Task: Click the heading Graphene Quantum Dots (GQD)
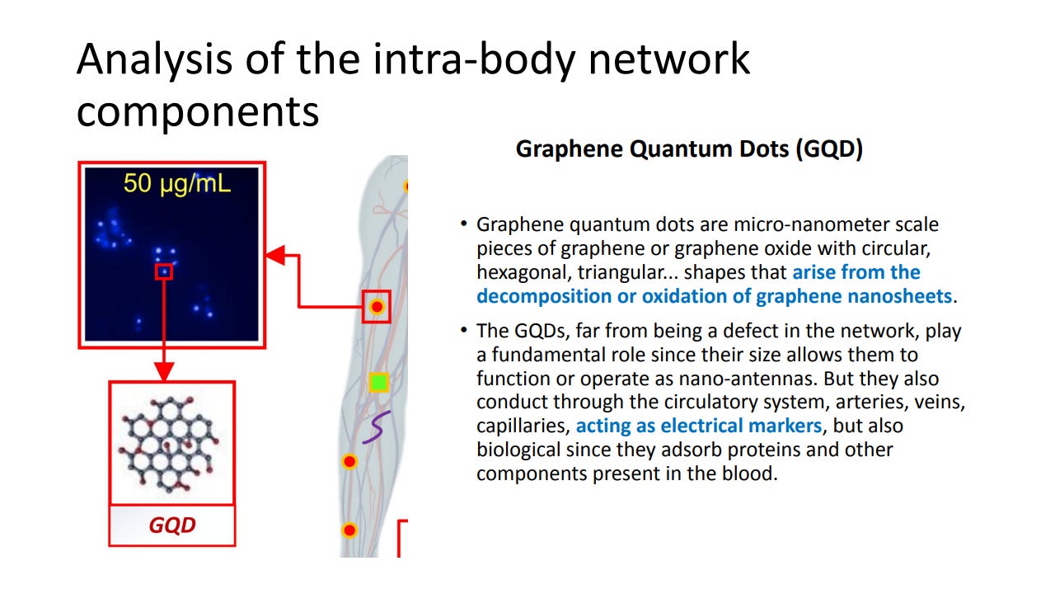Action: click(x=688, y=149)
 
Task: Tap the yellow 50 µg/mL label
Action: click(x=177, y=183)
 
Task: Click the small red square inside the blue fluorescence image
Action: click(x=164, y=271)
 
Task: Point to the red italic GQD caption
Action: click(x=171, y=525)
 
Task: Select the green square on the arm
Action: click(x=378, y=382)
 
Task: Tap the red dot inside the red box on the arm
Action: click(x=377, y=307)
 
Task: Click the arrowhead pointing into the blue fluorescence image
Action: click(x=274, y=255)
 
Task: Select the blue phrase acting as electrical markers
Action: click(x=698, y=426)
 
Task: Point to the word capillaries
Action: click(x=522, y=426)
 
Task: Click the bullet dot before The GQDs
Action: click(x=464, y=331)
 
